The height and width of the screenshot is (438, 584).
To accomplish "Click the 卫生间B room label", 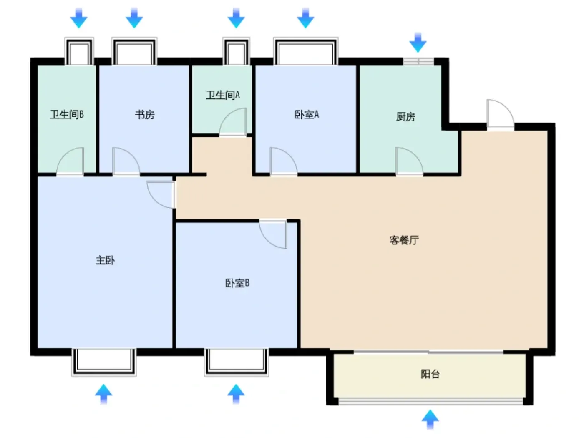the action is coord(67,114).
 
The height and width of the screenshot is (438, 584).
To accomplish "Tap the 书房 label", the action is coord(145,115).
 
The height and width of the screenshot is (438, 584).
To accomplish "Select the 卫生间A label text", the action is coord(223,95).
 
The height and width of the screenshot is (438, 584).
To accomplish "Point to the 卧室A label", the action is coord(307,115).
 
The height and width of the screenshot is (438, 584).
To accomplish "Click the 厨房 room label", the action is coord(405,116).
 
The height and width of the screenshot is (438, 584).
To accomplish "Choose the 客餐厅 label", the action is coord(404,240).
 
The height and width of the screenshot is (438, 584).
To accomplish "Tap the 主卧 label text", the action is coord(106,260).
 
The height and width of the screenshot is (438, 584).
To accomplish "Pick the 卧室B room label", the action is coord(237,283).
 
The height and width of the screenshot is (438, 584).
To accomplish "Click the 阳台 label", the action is coord(430,374).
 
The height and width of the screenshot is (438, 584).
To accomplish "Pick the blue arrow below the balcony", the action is coord(430,420).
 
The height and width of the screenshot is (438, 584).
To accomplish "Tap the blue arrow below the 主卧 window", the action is coord(103,394).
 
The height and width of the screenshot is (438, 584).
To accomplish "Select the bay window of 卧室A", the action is coord(306,51).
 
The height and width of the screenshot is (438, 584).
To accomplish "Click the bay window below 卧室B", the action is coord(237,362).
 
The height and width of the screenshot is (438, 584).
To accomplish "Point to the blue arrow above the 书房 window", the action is coord(134,18).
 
